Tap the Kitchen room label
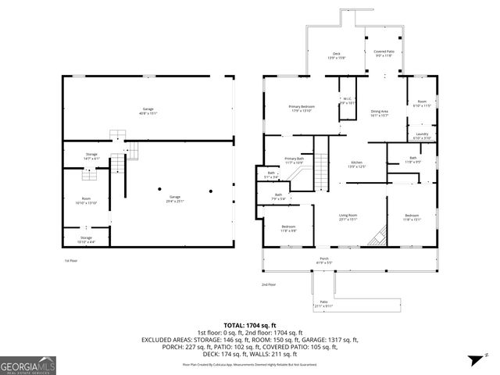[356, 165]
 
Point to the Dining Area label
[379, 114]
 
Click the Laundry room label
[421, 135]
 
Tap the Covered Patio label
[384, 54]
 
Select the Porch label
[323, 260]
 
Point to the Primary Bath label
[293, 160]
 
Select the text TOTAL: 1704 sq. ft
[250, 324]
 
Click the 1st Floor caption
[71, 260]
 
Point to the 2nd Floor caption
[268, 284]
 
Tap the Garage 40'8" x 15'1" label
[148, 110]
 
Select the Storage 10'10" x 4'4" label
[86, 238]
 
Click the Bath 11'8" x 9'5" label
[413, 160]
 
